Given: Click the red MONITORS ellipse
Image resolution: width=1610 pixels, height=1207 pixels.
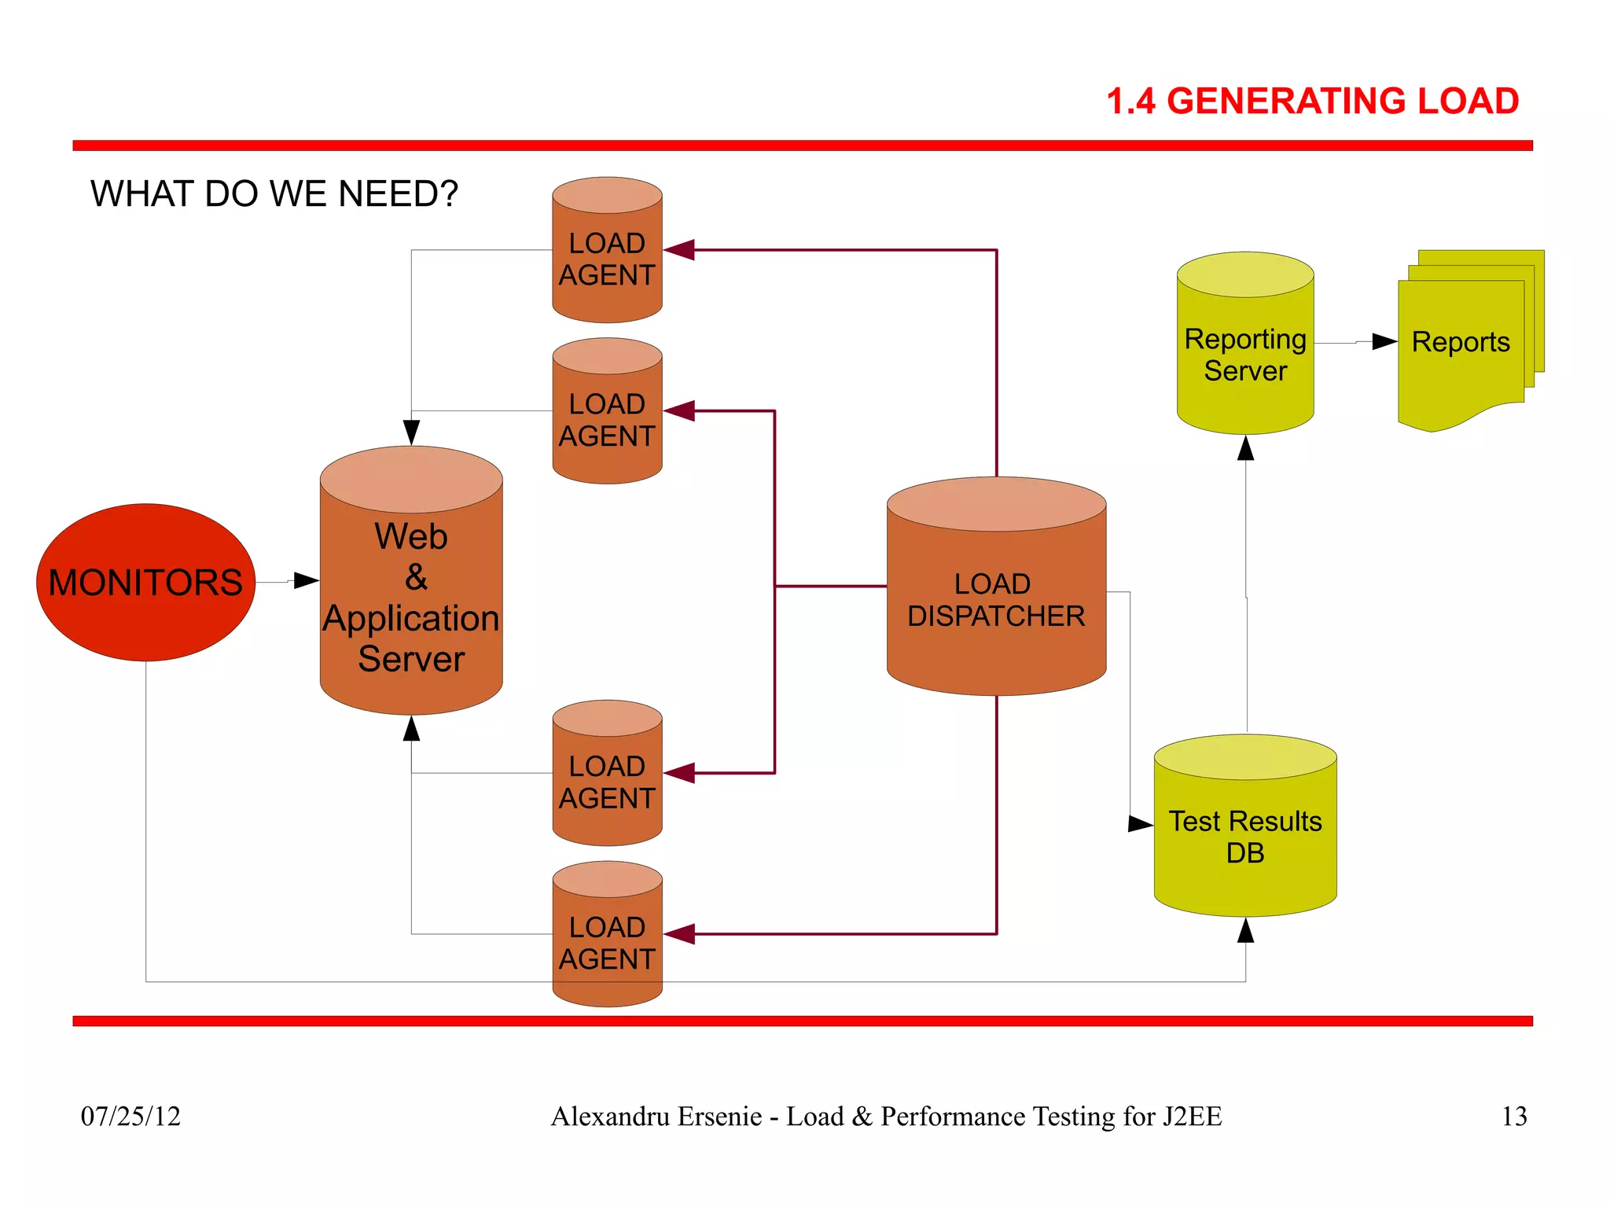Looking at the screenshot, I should click(x=146, y=582).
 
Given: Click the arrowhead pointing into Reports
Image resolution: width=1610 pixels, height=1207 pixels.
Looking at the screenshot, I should click(x=1384, y=341).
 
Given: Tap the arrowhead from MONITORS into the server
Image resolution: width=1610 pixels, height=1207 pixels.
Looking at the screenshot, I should click(x=306, y=581).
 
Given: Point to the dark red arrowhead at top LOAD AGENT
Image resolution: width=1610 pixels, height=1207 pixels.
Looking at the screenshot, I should click(x=680, y=250).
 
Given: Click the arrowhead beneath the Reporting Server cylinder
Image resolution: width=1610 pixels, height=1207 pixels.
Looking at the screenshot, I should click(x=1245, y=448).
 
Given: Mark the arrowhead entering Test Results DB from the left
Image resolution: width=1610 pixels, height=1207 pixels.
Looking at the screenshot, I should click(x=1140, y=824).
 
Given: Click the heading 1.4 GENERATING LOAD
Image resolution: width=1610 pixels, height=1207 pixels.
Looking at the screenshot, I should click(x=1312, y=101).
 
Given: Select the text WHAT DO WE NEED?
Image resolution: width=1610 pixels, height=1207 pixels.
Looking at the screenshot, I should click(x=274, y=193).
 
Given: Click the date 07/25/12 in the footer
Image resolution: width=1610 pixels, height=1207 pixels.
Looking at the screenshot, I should click(x=130, y=1116).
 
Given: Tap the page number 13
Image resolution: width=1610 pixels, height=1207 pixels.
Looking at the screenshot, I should click(x=1513, y=1116).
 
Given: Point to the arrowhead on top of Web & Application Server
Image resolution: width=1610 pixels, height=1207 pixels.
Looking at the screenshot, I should click(x=411, y=432).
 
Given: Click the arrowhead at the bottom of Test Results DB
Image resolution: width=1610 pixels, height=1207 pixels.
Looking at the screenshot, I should click(x=1245, y=931).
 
